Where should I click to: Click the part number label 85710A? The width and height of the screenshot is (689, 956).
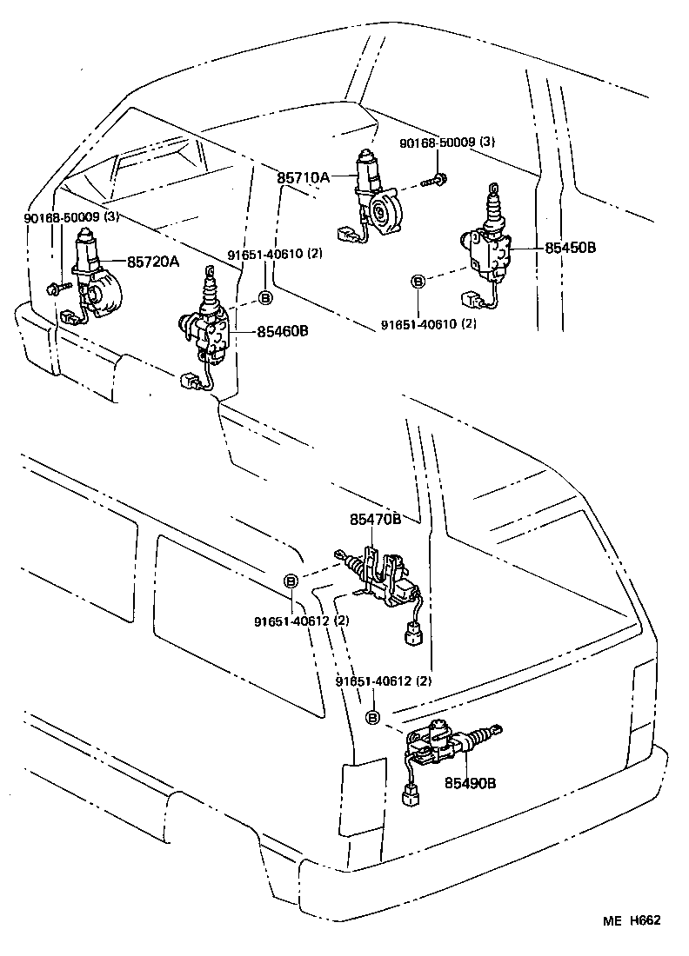(303, 177)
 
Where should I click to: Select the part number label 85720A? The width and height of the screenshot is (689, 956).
(153, 261)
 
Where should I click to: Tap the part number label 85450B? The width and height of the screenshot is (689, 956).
(570, 248)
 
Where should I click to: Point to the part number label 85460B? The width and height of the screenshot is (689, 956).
(282, 331)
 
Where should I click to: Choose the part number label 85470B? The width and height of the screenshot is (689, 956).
(375, 519)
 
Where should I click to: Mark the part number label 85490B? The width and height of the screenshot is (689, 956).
(470, 782)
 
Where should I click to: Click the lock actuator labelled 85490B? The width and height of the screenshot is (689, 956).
(444, 743)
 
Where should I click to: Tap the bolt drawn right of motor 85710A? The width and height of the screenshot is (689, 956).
(434, 181)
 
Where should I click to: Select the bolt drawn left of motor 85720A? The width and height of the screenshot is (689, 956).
(54, 288)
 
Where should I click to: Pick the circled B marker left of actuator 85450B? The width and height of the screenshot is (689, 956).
(418, 281)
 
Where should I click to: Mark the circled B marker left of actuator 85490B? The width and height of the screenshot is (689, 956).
(372, 717)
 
